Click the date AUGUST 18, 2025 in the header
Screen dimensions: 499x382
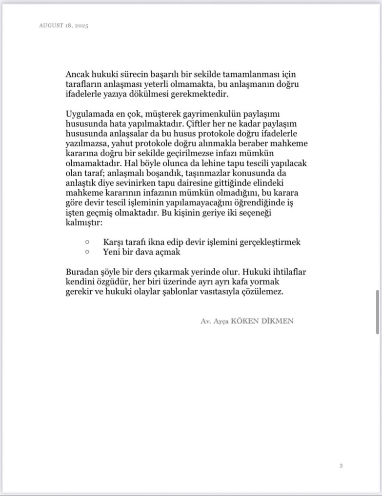click(x=63, y=25)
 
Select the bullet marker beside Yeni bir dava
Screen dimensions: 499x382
click(x=87, y=252)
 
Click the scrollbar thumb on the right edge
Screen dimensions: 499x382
click(x=378, y=311)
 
